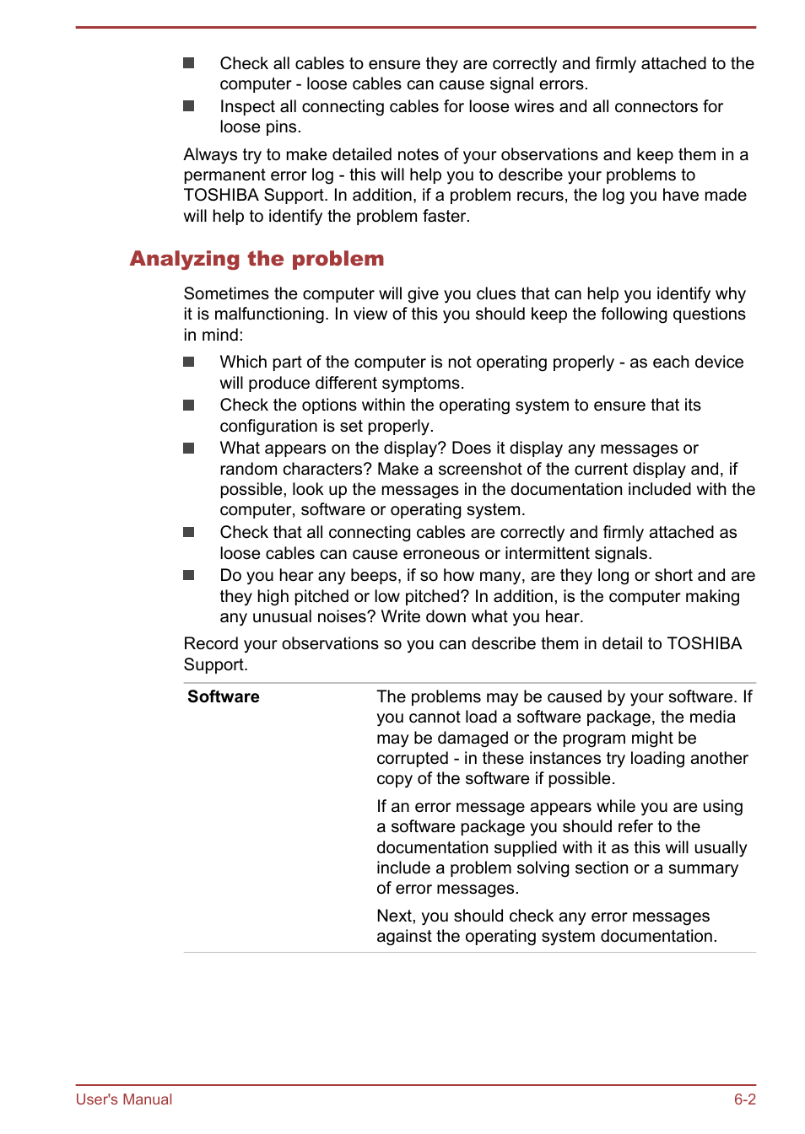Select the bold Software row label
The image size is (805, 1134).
click(223, 696)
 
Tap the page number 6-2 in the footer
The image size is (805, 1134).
click(744, 1099)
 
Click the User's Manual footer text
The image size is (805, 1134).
click(124, 1099)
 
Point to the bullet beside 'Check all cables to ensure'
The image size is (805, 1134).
click(189, 63)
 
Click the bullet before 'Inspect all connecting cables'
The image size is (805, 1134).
click(189, 106)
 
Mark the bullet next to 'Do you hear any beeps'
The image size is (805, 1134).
click(189, 575)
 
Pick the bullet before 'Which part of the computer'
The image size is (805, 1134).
click(189, 362)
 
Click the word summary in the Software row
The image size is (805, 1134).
click(703, 868)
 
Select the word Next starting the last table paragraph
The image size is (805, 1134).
click(394, 916)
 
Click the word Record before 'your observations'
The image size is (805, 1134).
click(211, 643)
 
